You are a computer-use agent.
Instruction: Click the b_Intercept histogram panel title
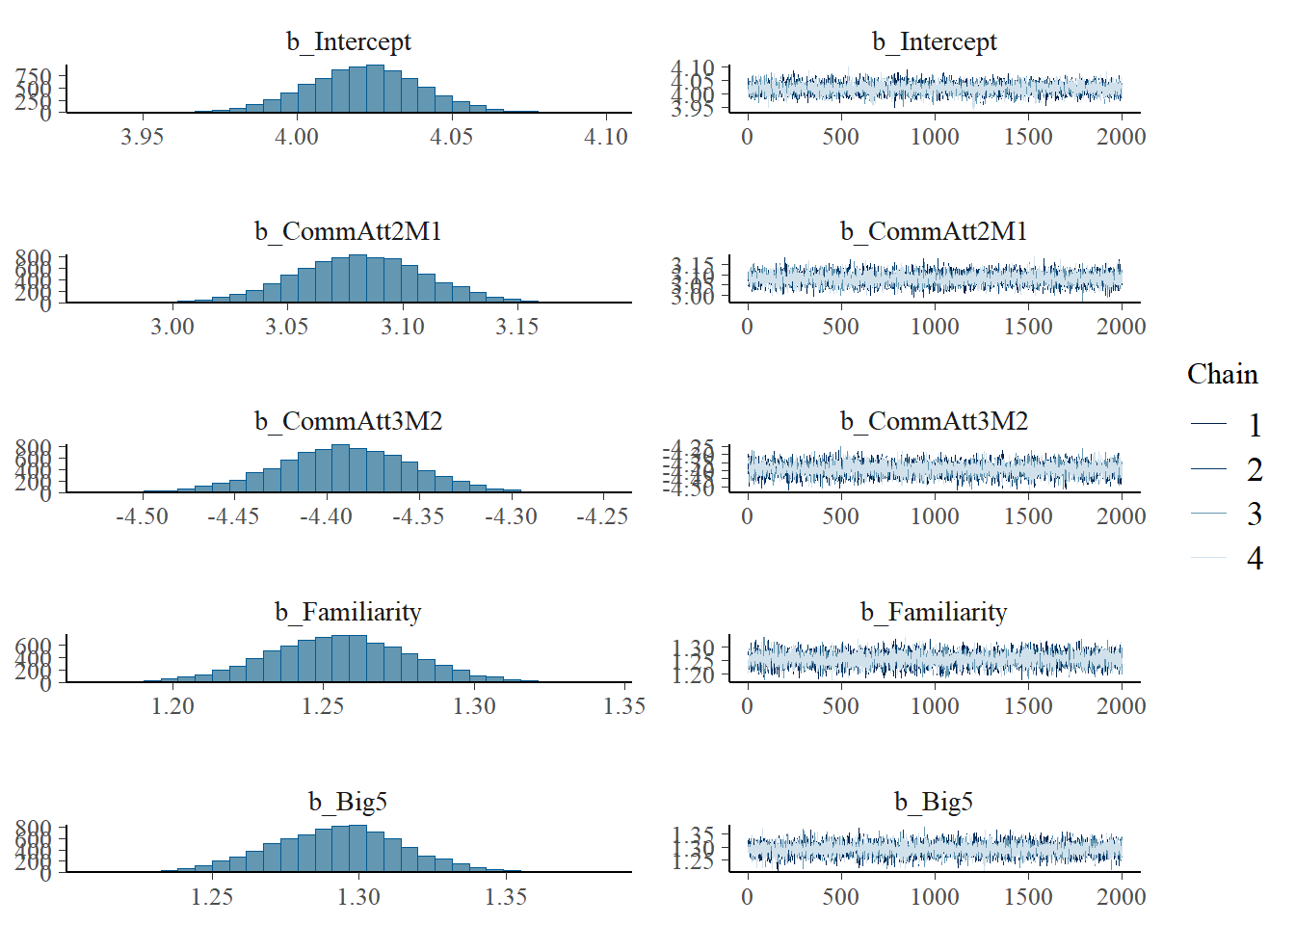(x=348, y=41)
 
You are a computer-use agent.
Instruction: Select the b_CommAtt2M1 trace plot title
(x=934, y=231)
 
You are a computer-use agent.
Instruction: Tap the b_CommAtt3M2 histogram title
(x=348, y=421)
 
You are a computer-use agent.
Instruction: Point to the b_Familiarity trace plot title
(x=934, y=612)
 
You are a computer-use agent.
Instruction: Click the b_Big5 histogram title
(x=348, y=802)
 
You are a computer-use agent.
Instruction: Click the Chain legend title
(x=1222, y=374)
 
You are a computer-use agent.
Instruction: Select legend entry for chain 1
(x=1254, y=425)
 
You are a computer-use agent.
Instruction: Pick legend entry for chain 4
(x=1254, y=558)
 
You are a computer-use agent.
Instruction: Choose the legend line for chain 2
(x=1208, y=469)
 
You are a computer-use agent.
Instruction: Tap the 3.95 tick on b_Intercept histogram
(x=142, y=137)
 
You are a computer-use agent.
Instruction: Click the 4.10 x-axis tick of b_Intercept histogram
(x=606, y=137)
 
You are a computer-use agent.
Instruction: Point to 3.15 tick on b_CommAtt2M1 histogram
(x=516, y=327)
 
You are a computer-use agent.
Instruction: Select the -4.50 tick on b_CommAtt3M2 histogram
(x=142, y=516)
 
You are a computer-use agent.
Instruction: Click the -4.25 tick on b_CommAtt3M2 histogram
(x=602, y=516)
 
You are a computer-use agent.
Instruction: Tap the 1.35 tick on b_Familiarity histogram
(x=624, y=706)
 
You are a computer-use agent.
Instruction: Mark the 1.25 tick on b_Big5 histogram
(x=211, y=897)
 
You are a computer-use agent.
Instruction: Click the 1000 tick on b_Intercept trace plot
(x=935, y=137)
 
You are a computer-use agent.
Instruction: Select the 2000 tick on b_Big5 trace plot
(x=1122, y=897)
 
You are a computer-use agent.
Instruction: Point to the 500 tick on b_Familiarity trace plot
(x=840, y=706)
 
